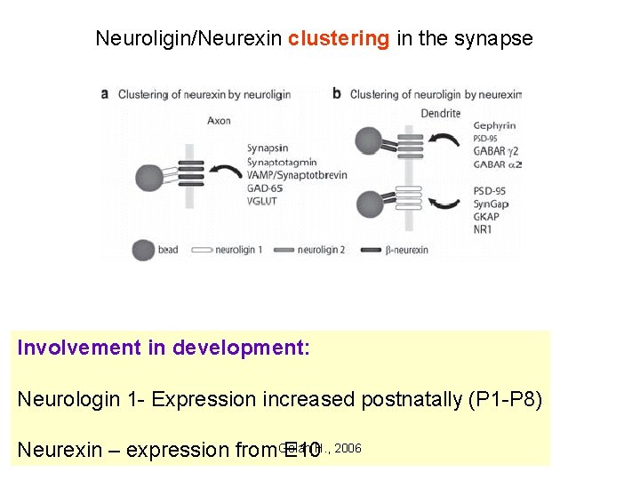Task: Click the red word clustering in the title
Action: coord(339,38)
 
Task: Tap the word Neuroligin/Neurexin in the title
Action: coord(189,38)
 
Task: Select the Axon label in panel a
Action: coord(218,121)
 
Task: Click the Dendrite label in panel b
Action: coord(442,114)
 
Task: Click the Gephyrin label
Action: coord(494,126)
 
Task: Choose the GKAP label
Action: coord(487,217)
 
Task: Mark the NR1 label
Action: coord(484,230)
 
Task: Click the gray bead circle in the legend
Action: coord(142,250)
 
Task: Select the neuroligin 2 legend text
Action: coord(325,250)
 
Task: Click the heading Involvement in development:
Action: coord(164,348)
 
